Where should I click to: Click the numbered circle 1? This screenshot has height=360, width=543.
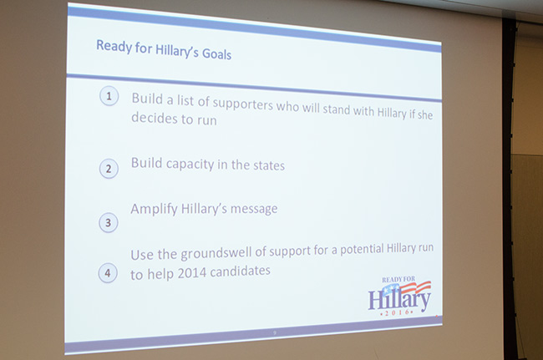109,96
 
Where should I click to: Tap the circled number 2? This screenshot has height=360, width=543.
109,169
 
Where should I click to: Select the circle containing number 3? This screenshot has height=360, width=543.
109,222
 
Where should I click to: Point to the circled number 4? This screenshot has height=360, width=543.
108,273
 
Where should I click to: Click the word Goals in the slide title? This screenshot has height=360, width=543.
217,54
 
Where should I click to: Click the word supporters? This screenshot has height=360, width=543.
243,104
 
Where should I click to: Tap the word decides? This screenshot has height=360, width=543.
155,118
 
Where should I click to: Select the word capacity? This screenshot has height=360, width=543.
190,165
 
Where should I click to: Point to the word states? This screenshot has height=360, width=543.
269,165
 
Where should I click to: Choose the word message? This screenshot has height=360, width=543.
254,209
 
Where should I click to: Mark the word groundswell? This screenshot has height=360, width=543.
216,253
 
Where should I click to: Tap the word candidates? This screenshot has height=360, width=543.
240,271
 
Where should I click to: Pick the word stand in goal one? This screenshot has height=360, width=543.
337,109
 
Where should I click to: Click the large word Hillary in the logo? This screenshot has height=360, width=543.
399,300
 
